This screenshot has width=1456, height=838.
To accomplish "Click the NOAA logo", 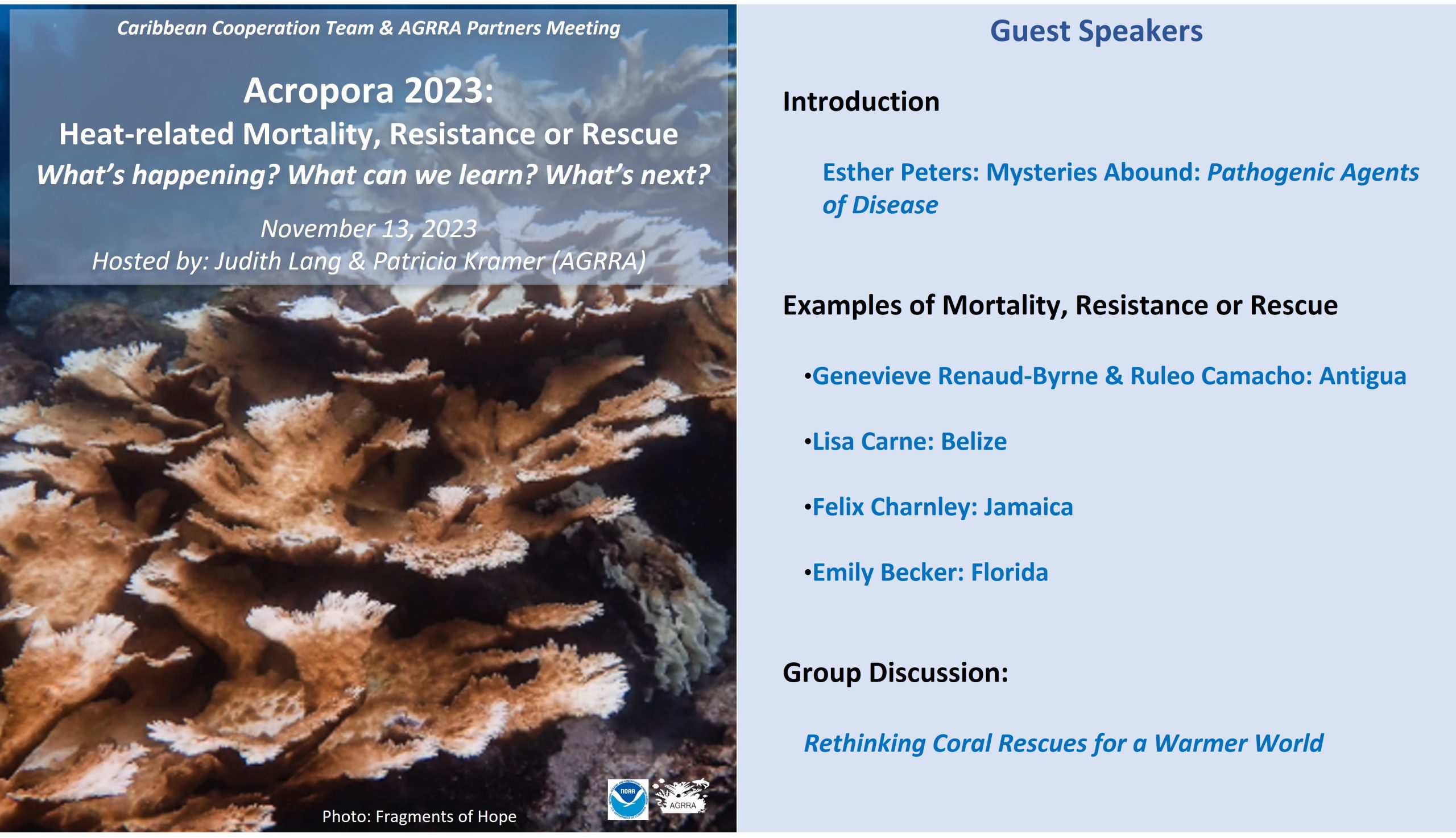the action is [627, 799].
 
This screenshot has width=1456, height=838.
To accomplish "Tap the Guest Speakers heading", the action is [1096, 31].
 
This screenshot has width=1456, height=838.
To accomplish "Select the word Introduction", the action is [861, 101].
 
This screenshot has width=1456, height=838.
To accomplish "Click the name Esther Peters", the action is [900, 172].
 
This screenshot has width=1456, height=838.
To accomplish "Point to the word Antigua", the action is [1362, 376].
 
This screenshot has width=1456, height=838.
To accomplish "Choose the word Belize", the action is [974, 441].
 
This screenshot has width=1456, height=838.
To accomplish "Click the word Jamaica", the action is [1028, 507].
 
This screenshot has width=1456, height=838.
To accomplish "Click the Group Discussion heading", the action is [895, 672].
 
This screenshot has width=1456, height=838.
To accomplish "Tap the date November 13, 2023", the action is [369, 229].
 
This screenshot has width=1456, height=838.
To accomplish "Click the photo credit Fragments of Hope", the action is [445, 816].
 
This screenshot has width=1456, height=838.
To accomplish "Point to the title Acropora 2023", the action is [369, 90].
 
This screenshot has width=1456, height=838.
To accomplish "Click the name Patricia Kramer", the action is [458, 261].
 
